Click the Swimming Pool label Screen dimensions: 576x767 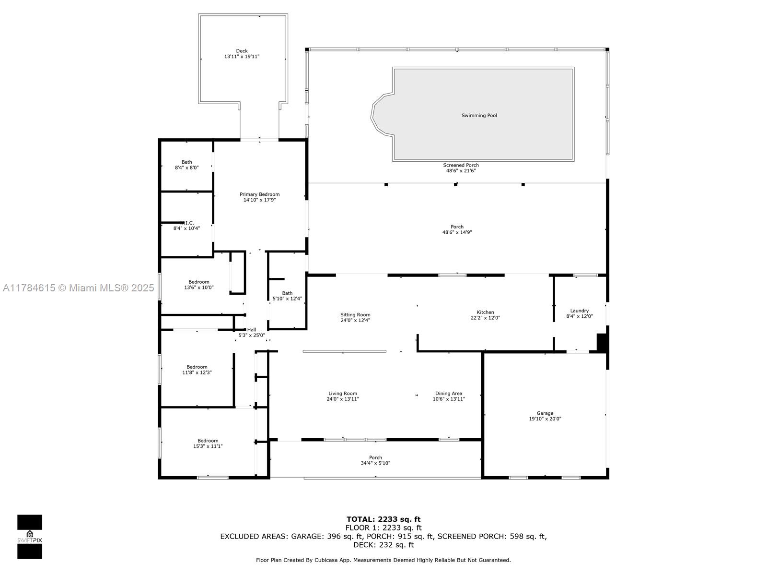[x=479, y=116]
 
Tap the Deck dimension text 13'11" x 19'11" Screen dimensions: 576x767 [x=242, y=57]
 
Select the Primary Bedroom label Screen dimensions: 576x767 [x=259, y=194]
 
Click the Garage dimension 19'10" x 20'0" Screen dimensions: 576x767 [x=545, y=419]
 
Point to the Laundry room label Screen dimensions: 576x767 [x=579, y=311]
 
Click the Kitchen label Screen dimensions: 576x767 [x=485, y=312]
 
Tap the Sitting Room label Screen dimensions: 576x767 [x=355, y=315]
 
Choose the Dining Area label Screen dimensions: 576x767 [x=449, y=394]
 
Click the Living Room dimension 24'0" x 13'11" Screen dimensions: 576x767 [x=343, y=399]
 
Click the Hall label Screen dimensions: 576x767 [x=252, y=330]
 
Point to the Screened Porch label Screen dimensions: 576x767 [x=461, y=165]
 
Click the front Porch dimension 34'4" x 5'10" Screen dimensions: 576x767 [x=375, y=463]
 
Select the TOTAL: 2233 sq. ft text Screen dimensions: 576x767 [x=383, y=519]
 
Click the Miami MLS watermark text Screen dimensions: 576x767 [x=79, y=288]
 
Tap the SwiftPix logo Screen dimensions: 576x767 [x=30, y=537]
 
